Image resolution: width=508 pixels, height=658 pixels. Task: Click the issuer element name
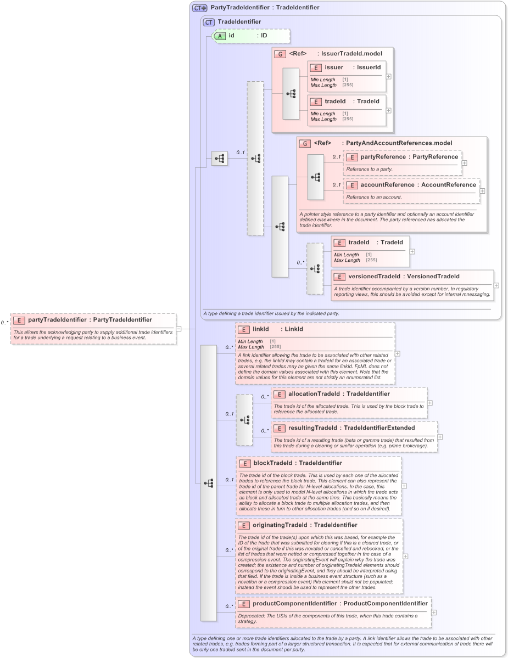click(334, 68)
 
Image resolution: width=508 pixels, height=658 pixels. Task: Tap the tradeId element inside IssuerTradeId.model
click(335, 102)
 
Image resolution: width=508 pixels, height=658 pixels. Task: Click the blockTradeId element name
click(272, 463)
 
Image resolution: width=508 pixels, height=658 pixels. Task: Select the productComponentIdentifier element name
click(294, 604)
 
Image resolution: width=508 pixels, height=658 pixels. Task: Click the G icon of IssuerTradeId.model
click(280, 54)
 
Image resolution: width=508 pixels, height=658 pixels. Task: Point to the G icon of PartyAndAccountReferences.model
click(305, 143)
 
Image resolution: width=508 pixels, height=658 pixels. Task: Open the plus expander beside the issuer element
click(389, 76)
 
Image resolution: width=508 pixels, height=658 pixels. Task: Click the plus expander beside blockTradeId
click(404, 486)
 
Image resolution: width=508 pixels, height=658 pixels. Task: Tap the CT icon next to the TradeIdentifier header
click(209, 23)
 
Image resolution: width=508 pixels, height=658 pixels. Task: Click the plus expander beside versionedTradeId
click(496, 285)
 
